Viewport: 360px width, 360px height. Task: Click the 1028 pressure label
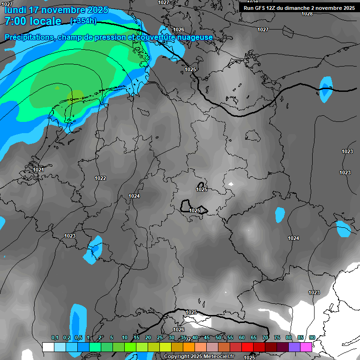coord(307,14)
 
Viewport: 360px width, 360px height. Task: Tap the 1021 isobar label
coord(38,169)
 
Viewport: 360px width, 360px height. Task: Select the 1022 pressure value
coord(100,178)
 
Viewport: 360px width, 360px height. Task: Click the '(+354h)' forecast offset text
coord(83,21)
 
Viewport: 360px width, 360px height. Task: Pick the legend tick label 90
coord(312,337)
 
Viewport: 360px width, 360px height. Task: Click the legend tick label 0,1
coord(54,337)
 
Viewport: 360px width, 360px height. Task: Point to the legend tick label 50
coord(218,337)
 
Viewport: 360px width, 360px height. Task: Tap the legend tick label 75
coord(277,337)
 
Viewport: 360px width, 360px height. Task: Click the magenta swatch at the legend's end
coord(306,347)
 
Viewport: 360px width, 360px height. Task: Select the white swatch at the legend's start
coord(48,347)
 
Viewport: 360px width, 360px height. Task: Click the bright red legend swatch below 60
coord(247,347)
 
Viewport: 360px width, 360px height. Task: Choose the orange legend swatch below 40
coord(189,347)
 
